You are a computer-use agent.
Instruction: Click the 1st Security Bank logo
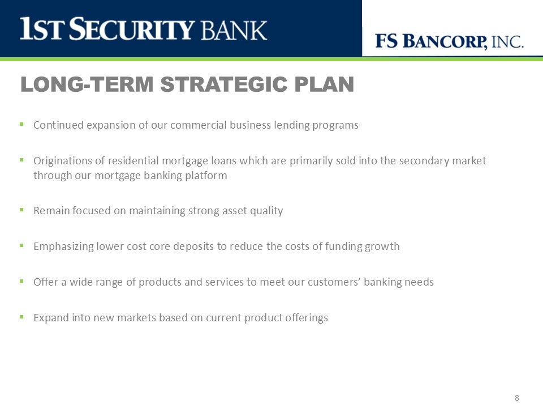coord(143,29)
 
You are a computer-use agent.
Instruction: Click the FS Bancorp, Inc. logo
coord(449,41)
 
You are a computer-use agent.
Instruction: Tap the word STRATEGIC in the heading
coord(224,84)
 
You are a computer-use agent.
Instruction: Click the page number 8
coord(516,398)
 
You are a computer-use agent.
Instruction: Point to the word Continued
coord(58,125)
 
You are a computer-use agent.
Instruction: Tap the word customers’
coord(334,282)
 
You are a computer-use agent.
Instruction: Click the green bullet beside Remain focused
coord(21,210)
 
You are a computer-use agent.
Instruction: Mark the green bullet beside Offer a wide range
coord(21,281)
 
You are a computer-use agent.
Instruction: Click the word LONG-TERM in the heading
coord(87,84)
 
